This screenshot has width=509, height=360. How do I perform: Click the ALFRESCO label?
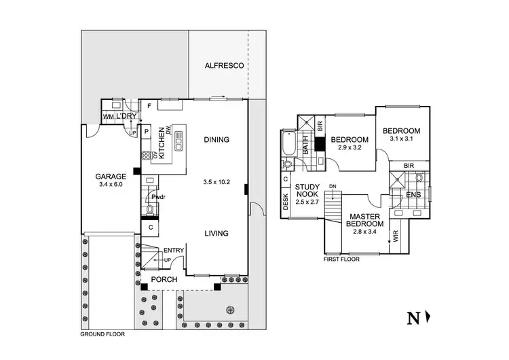225,66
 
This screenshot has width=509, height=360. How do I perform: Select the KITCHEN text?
162,143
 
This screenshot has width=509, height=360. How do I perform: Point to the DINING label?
216,140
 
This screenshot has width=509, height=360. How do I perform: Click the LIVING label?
216,234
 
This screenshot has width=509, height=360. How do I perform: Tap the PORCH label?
165,280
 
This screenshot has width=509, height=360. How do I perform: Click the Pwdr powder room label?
159,197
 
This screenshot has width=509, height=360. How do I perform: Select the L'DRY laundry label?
126,117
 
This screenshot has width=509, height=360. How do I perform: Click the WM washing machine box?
107,118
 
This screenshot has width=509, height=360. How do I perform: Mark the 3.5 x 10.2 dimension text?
217,182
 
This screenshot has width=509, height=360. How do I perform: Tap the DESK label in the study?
286,202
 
